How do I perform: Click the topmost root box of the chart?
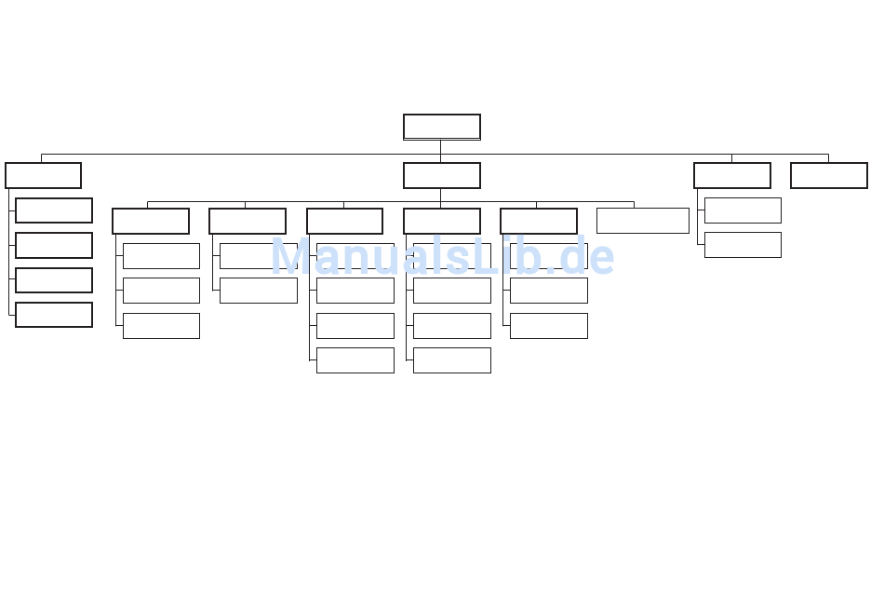442,127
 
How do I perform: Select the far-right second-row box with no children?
829,175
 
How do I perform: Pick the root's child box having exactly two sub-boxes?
732,175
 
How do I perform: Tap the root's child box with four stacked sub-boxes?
44,175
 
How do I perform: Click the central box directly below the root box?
442,175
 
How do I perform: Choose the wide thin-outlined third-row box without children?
643,221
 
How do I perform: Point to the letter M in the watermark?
289,257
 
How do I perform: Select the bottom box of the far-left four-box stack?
54,315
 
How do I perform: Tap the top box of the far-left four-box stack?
54,210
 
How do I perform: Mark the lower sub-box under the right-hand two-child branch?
743,245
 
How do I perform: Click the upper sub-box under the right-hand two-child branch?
743,210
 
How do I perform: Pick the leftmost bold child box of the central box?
151,222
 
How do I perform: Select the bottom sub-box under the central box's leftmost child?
161,326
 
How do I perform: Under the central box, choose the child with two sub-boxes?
248,222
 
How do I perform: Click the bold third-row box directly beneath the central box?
442,222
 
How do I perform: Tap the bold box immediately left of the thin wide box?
539,222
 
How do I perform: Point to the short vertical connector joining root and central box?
440,151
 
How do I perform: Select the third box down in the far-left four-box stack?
54,280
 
